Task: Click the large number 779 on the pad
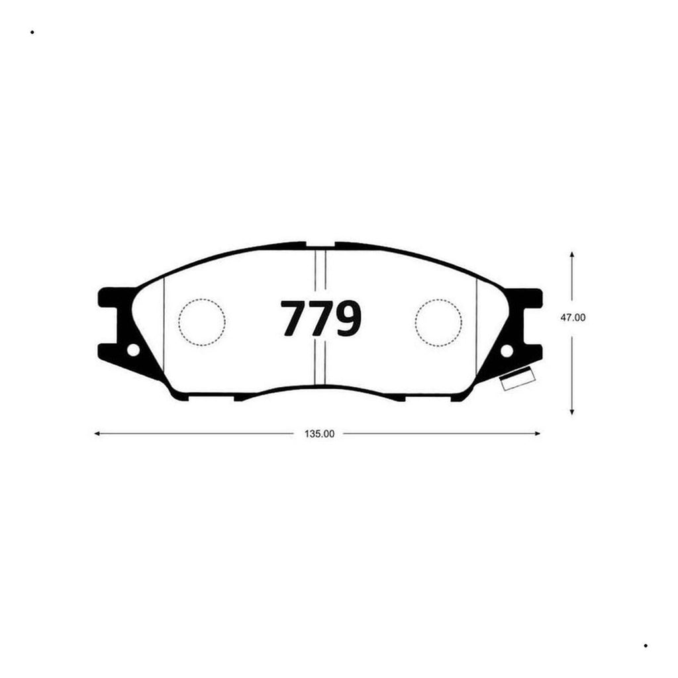click(321, 318)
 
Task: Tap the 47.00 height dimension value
click(573, 317)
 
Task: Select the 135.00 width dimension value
click(320, 434)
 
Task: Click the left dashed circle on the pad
click(202, 322)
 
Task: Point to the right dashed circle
click(438, 322)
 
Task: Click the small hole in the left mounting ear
click(134, 350)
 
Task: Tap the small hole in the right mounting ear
click(507, 351)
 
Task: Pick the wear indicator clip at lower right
click(518, 378)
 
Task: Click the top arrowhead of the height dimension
click(572, 254)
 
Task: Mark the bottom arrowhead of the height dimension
click(572, 412)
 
